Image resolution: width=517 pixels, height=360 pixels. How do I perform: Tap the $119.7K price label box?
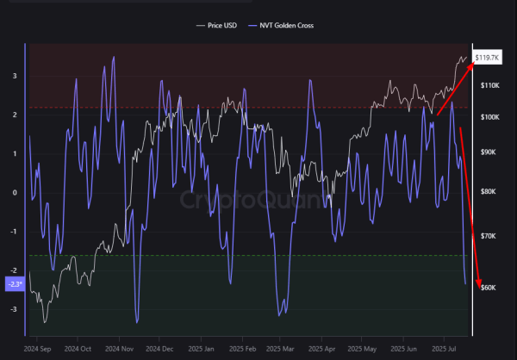pyautogui.click(x=489, y=57)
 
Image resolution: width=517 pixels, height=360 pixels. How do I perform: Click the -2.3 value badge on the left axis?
pyautogui.click(x=15, y=283)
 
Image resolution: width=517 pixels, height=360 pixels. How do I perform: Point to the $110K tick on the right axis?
pyautogui.click(x=490, y=85)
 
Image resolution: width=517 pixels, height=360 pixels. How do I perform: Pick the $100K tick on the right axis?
pyautogui.click(x=490, y=116)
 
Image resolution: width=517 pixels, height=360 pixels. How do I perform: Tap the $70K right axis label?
pyautogui.click(x=489, y=235)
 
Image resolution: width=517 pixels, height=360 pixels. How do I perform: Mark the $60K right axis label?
pyautogui.click(x=489, y=287)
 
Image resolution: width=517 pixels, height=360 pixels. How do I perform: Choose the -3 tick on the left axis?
pyautogui.click(x=14, y=309)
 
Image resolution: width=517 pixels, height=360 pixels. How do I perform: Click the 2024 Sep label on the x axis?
pyautogui.click(x=39, y=351)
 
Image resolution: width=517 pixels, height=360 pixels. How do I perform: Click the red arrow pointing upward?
pyautogui.click(x=454, y=88)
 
